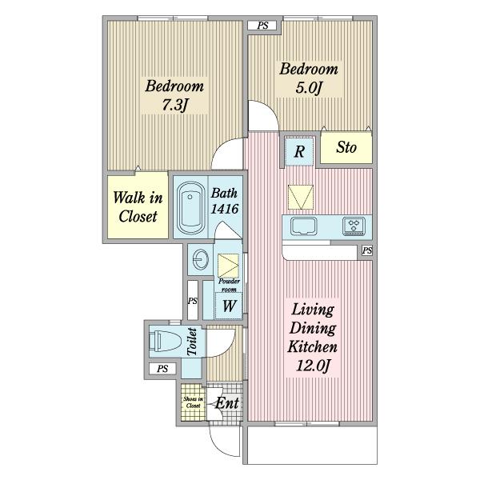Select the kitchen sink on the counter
click(x=304, y=226)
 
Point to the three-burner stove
click(x=354, y=226)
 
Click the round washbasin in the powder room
click(x=201, y=259)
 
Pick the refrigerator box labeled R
click(x=299, y=152)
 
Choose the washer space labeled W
click(x=230, y=306)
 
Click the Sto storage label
click(x=346, y=147)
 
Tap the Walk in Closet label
click(x=138, y=207)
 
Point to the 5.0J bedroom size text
click(x=309, y=88)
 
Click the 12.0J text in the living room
click(x=313, y=366)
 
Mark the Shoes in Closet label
click(x=193, y=402)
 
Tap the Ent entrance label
click(x=227, y=403)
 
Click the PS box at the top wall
click(x=262, y=26)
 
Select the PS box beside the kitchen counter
click(x=367, y=250)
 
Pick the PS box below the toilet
click(x=162, y=369)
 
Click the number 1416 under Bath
click(x=225, y=209)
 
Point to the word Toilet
click(x=192, y=342)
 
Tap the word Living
click(x=313, y=309)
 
